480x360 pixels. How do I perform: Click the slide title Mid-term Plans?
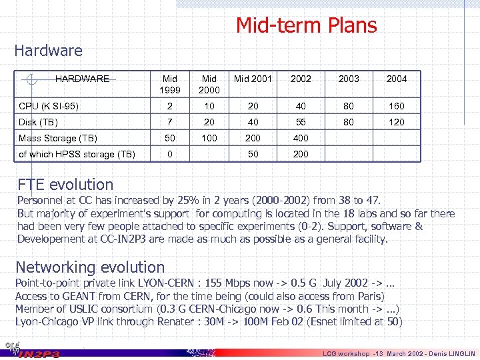[306, 25]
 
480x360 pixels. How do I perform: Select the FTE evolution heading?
[65, 185]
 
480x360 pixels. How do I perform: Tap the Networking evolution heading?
[90, 267]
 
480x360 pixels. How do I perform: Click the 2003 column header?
[349, 79]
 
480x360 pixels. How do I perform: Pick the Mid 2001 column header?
[253, 79]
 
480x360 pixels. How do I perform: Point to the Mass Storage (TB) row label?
[58, 139]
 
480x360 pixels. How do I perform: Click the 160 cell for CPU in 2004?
[396, 106]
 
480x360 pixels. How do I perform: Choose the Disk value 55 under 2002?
[301, 122]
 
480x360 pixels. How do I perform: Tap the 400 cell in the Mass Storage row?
[301, 139]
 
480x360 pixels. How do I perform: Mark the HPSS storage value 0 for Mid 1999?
[170, 155]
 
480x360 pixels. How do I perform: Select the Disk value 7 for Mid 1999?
[170, 122]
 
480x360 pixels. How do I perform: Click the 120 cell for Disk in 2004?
[396, 122]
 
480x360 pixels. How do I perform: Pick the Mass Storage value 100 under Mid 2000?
[209, 139]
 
